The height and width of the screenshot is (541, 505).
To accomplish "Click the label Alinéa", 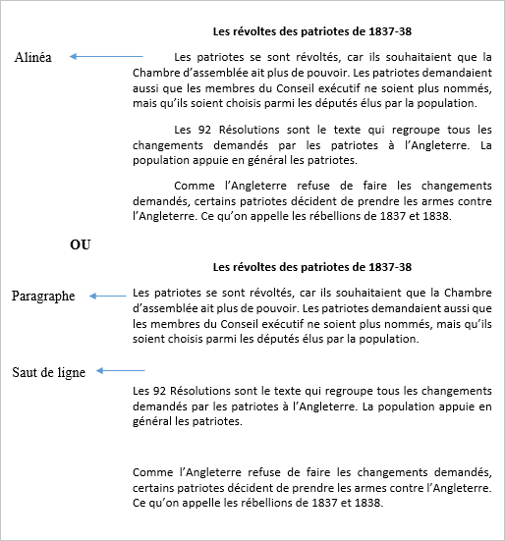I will pos(34,58).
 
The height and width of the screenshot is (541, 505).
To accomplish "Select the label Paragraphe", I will pos(43,296).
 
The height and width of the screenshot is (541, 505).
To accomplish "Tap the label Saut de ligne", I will pos(48,372).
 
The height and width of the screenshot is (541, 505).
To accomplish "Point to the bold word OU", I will pos(81,244).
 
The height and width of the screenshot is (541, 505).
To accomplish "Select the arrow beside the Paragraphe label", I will pos(107,295).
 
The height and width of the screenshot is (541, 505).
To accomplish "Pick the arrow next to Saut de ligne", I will pos(122,371).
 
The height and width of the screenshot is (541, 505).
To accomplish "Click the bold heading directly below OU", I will pos(311,267).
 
